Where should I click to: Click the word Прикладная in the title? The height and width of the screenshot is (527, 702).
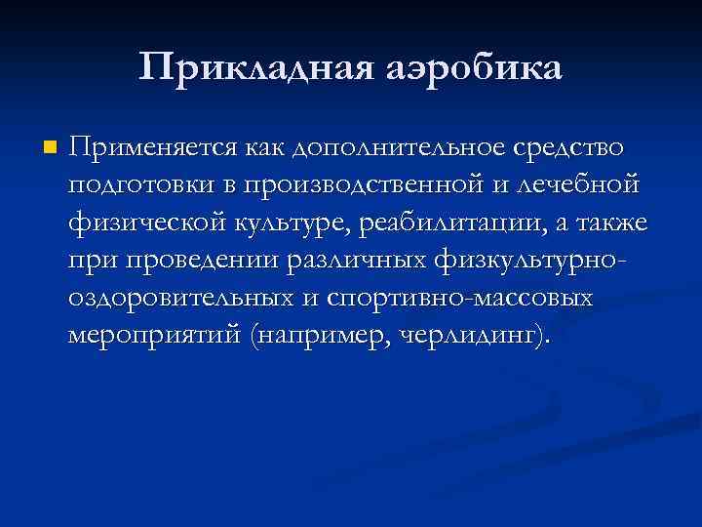(x=252, y=68)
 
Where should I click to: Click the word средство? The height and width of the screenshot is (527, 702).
(x=567, y=147)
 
